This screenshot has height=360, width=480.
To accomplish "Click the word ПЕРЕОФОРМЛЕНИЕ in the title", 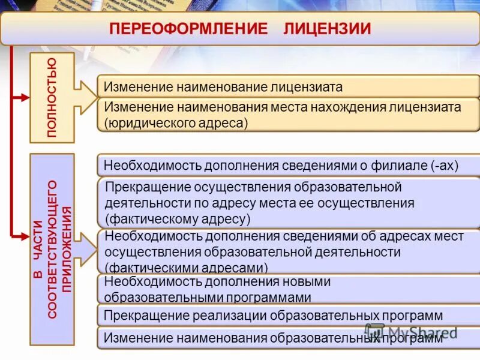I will [x=188, y=28].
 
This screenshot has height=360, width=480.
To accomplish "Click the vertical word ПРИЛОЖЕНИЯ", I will [x=67, y=249].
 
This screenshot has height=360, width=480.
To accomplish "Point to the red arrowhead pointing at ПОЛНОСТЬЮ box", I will [x=25, y=97].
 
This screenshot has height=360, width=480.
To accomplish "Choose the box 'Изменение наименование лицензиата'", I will [x=223, y=87].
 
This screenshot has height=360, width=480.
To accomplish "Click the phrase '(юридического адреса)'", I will [x=176, y=123].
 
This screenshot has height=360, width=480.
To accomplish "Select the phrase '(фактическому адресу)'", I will [x=178, y=218].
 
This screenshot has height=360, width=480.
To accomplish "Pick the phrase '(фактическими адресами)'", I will [x=187, y=267].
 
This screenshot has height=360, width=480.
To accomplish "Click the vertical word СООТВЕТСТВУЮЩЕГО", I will [x=52, y=249].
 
